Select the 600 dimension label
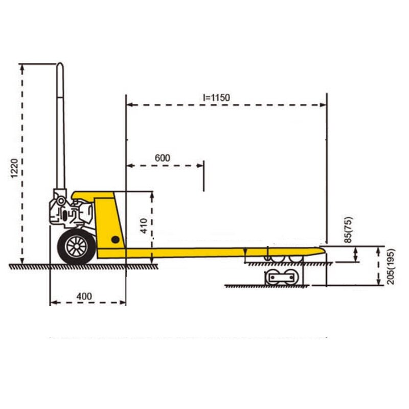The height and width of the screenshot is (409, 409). click(162, 158)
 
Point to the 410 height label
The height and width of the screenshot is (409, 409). click(144, 225)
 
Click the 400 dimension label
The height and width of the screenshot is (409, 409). click(84, 296)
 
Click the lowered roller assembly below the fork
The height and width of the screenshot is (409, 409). click(282, 278)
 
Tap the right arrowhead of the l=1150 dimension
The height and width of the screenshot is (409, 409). click(324, 105)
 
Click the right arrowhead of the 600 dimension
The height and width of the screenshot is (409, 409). click(200, 166)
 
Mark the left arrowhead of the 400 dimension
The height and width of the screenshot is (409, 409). click(52, 303)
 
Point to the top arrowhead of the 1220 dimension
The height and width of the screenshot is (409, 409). click(21, 67)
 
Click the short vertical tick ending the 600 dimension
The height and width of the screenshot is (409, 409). click(203, 175)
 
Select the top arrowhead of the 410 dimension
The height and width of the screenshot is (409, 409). click(152, 195)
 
